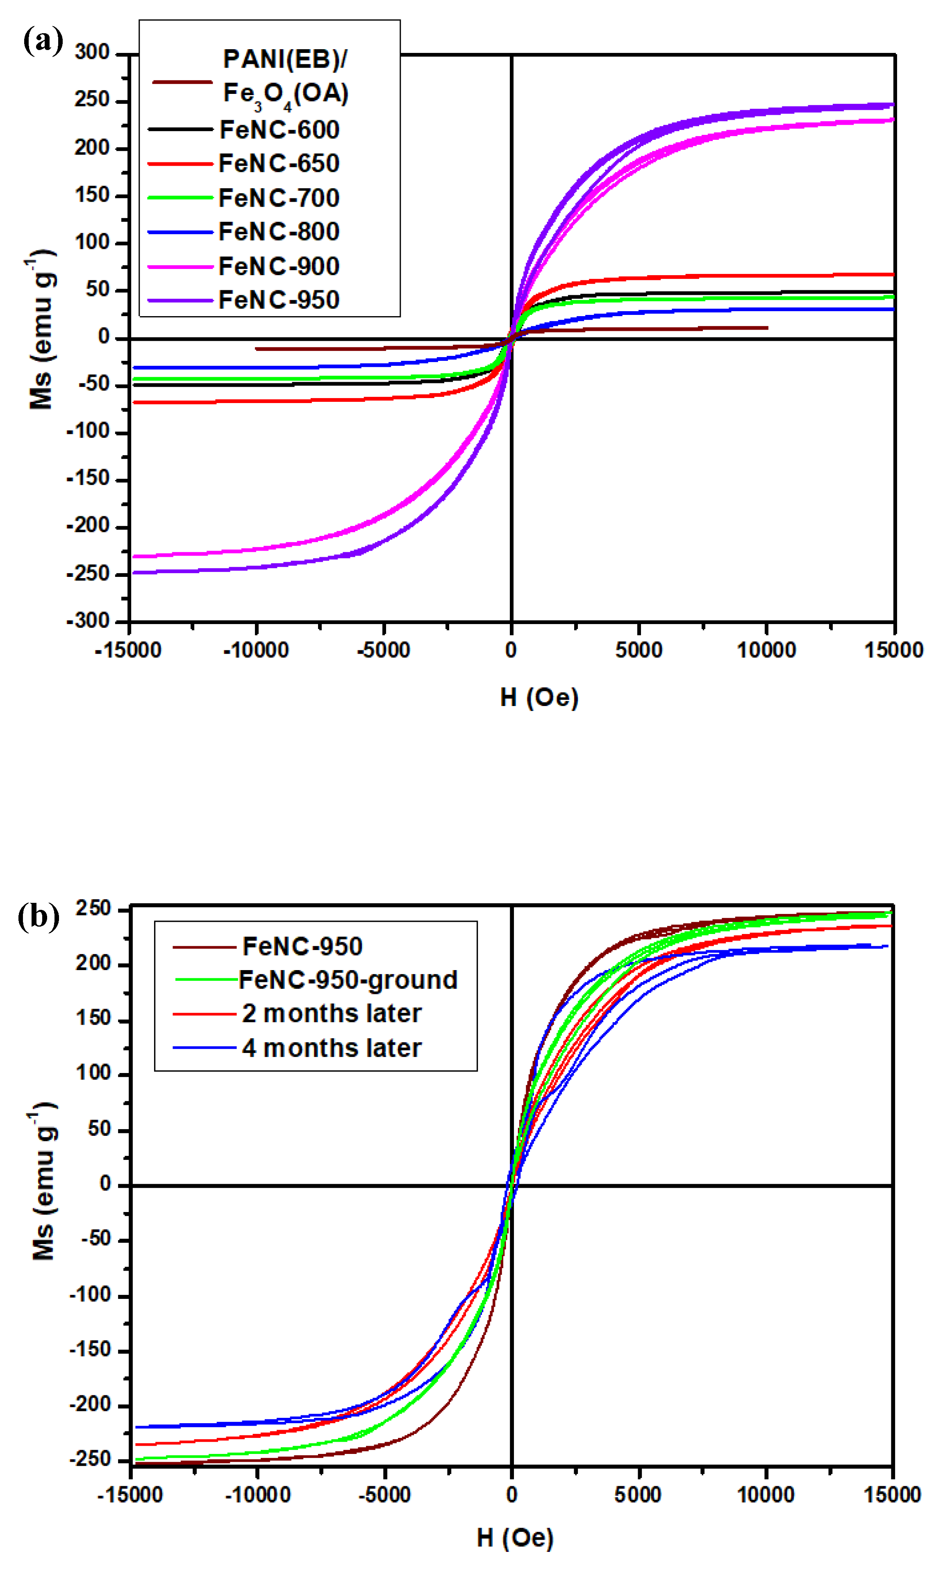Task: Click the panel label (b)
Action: (38, 917)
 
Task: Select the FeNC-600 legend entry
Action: (279, 130)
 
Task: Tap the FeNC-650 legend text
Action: (279, 163)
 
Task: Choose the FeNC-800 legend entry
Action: (279, 231)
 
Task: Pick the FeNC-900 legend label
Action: (279, 266)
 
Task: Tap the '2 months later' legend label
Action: (331, 1013)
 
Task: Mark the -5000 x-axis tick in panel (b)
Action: (384, 1495)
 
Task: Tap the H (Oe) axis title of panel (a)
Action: (539, 697)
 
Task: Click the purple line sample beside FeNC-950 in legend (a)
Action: (180, 300)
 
